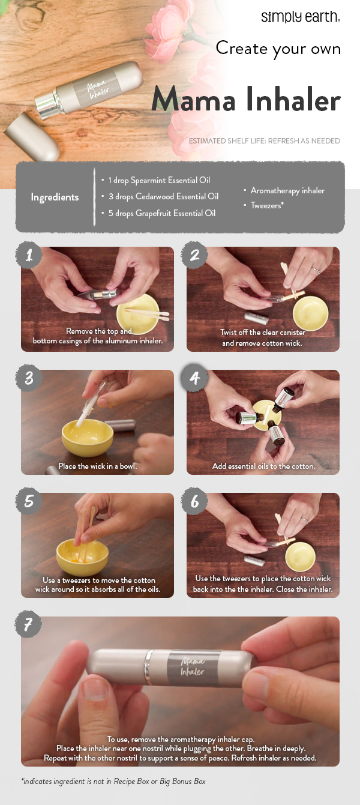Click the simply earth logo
coord(301,16)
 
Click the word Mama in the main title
coord(191,100)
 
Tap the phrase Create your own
coord(278,48)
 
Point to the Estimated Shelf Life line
coord(264,141)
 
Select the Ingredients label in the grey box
coord(55,197)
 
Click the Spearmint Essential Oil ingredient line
coord(159,180)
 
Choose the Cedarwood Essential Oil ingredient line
coord(163,196)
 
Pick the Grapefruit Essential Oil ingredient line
coord(161,213)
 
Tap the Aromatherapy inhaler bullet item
coord(287,190)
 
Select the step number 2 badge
coord(194,255)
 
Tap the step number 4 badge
coord(194,379)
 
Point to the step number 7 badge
coord(28,625)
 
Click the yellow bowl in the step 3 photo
coord(88,437)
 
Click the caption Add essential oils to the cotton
coord(263,466)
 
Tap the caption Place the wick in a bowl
coord(97,466)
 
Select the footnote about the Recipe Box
coord(113,781)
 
